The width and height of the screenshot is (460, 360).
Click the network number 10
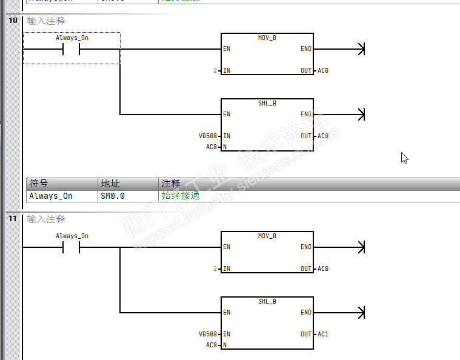(x=12, y=21)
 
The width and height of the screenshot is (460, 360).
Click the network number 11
(x=12, y=219)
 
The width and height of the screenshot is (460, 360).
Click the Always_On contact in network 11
(x=72, y=247)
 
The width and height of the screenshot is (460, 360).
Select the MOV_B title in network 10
(x=267, y=38)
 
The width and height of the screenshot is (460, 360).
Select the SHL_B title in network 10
(x=267, y=103)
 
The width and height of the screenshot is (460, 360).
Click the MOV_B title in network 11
(x=267, y=236)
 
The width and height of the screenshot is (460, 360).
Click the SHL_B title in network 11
(x=267, y=301)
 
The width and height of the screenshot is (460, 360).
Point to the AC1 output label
(x=323, y=334)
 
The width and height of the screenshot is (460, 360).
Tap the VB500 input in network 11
(x=207, y=334)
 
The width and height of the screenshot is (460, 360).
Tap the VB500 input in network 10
(x=207, y=136)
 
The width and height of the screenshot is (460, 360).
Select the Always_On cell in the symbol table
(x=51, y=196)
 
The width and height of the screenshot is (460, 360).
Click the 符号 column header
(x=39, y=184)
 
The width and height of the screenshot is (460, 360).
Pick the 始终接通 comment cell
(x=181, y=196)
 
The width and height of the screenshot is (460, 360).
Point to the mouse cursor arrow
(x=404, y=158)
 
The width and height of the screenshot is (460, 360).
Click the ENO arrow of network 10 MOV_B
(x=362, y=49)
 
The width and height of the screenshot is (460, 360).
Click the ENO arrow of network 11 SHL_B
(x=362, y=313)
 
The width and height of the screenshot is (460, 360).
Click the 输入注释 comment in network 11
(x=46, y=219)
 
